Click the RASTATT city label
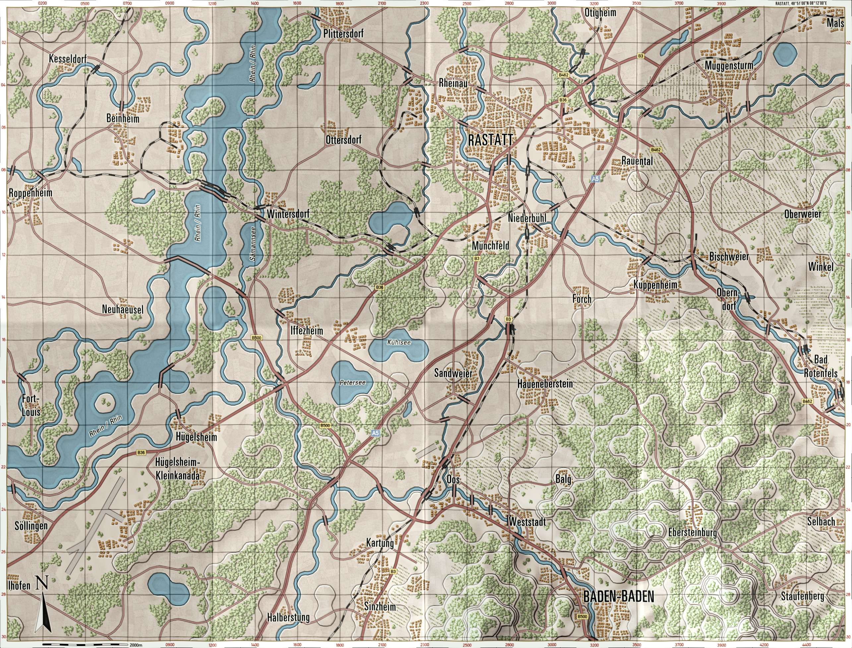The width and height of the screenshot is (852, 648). click(x=490, y=140)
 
